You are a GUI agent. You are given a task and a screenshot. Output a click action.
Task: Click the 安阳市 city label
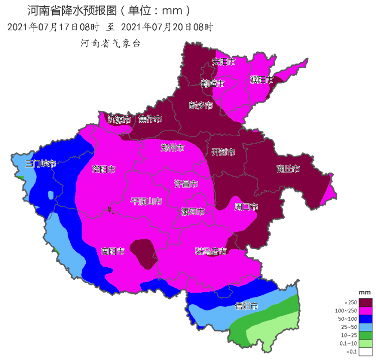click(x=224, y=62)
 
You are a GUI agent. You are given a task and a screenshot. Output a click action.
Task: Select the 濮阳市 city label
click(x=262, y=80)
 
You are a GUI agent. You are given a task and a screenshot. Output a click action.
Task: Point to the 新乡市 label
click(x=201, y=105)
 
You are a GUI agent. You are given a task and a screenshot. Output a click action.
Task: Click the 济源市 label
click(x=119, y=119)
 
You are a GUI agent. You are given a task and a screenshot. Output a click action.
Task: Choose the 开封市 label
click(x=223, y=152)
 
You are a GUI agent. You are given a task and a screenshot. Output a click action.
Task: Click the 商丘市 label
click(x=288, y=169)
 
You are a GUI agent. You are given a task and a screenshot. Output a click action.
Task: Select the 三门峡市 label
click(x=40, y=163)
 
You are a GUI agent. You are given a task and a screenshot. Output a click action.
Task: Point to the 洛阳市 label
click(x=104, y=169)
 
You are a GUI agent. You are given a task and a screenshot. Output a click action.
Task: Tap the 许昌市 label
click(x=185, y=184)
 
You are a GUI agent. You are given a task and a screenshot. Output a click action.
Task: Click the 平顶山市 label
click(x=146, y=201)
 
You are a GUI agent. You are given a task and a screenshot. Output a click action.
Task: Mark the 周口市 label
click(x=246, y=207)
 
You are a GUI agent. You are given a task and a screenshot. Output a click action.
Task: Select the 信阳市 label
click(x=247, y=306)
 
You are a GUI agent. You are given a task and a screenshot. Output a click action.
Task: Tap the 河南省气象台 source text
click(x=110, y=44)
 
